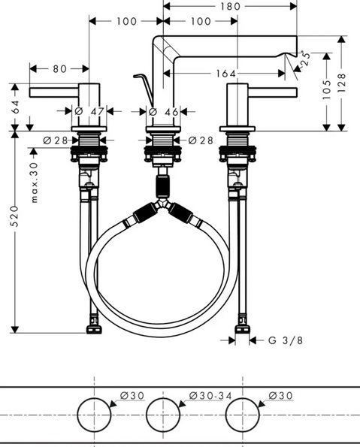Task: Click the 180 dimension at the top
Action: pos(231,6)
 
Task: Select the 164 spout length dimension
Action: pos(226,74)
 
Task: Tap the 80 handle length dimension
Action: pos(60,68)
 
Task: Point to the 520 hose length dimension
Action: pos(14,216)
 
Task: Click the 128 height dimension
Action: pos(341,83)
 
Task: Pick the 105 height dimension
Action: pos(327,89)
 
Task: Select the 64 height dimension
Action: pos(15,107)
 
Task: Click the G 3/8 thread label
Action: pos(286,340)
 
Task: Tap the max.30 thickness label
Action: pos(34,183)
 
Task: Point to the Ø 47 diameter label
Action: pos(89,111)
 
